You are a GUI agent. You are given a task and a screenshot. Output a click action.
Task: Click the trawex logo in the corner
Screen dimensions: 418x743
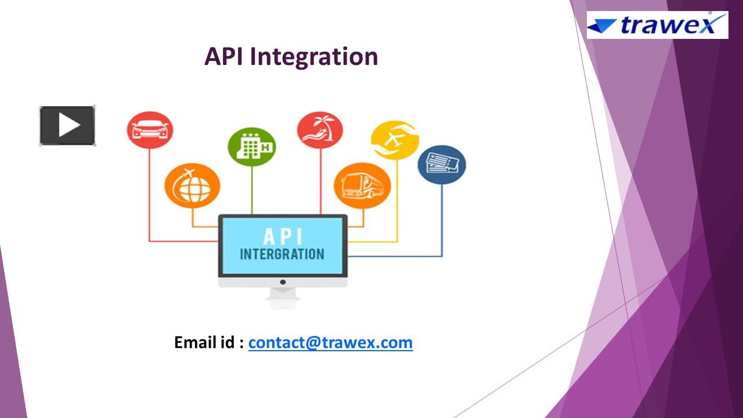pos(657,25)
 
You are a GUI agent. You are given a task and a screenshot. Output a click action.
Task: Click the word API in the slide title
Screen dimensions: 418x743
pos(224,57)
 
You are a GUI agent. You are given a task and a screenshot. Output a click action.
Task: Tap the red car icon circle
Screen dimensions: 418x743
pos(150,129)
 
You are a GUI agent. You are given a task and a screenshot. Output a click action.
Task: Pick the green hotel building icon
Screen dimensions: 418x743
pos(251,147)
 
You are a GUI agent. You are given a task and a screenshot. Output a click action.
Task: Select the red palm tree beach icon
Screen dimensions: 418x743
pos(320,130)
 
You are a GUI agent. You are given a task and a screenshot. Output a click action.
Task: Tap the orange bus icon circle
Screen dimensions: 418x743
pos(362,185)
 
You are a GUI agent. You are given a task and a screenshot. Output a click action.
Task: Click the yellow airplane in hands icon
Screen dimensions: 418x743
pos(395,140)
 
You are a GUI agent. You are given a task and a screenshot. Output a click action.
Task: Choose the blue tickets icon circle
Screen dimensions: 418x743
pos(442,164)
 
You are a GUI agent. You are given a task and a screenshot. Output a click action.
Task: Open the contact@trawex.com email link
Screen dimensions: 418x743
pos(330,343)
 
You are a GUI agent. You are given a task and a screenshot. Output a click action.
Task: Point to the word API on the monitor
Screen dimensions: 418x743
pos(282,236)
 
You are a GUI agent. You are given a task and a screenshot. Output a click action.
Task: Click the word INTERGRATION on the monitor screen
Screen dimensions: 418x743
pos(282,254)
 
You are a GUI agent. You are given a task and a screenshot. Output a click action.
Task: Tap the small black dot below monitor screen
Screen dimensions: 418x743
pos(283,282)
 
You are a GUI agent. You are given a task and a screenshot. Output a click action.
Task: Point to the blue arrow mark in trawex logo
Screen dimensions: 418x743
pos(601,26)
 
